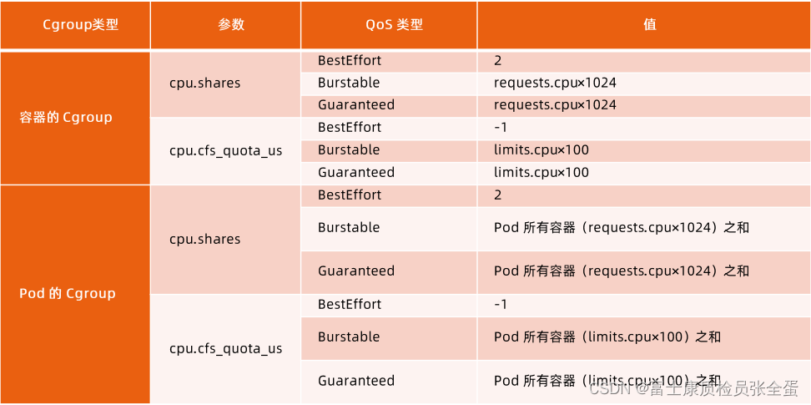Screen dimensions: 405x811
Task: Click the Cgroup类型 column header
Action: (x=80, y=25)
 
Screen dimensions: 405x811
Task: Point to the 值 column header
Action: (x=649, y=25)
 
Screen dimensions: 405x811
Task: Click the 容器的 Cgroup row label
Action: (x=66, y=117)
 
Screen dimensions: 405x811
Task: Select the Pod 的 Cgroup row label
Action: (x=68, y=293)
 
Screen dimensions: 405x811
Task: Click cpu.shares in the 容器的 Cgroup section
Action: (x=204, y=83)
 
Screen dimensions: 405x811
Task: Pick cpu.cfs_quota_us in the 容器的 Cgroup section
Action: (x=225, y=150)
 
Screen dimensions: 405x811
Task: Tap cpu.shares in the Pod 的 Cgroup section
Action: (x=204, y=239)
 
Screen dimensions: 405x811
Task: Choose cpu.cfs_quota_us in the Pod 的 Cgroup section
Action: (x=225, y=348)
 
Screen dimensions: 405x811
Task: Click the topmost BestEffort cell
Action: (x=349, y=61)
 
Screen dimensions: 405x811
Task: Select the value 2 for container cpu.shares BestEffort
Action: (x=498, y=61)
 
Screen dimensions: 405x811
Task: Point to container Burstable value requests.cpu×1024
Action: (x=555, y=83)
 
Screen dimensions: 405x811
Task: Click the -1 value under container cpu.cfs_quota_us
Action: (x=501, y=128)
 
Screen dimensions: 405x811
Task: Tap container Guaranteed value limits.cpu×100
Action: (x=542, y=173)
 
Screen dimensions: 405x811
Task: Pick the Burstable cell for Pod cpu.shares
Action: (x=349, y=227)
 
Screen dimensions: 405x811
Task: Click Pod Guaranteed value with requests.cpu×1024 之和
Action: (x=622, y=271)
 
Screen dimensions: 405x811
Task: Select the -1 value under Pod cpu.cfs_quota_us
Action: (x=501, y=304)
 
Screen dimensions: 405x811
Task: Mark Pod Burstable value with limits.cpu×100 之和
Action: (x=607, y=337)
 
